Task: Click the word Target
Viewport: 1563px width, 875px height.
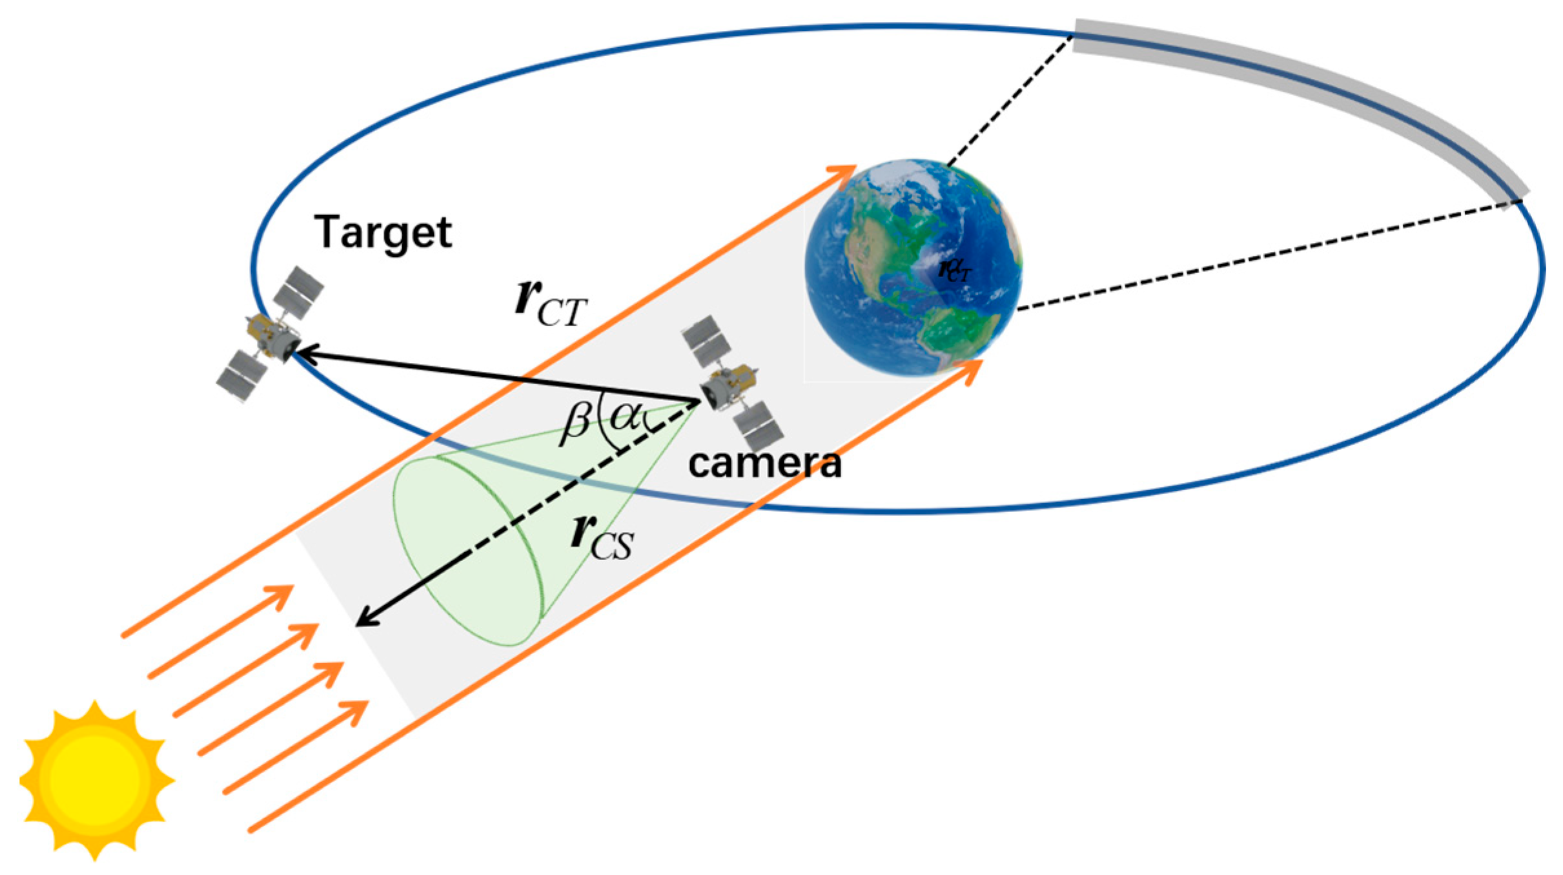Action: tap(383, 232)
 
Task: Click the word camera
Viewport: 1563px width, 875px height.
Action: tap(765, 463)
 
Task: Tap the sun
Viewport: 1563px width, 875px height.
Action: tap(96, 779)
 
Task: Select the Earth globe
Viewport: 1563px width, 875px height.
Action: tap(913, 267)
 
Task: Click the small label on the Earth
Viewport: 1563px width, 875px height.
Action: tap(955, 270)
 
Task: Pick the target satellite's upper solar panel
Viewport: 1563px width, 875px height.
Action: tap(298, 287)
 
